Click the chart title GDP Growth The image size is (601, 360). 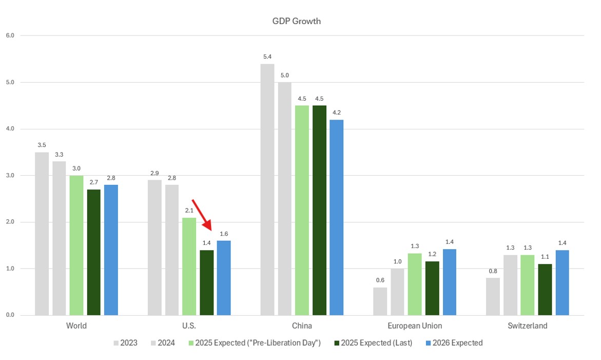(x=296, y=21)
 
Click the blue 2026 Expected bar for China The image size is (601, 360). (x=336, y=217)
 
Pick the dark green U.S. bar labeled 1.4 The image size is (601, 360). (x=207, y=282)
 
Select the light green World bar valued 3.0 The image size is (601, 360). (x=76, y=245)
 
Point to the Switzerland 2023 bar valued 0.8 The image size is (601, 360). (x=493, y=296)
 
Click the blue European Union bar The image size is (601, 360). (x=449, y=282)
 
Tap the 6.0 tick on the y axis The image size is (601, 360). (x=10, y=35)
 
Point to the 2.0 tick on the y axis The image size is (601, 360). (x=10, y=222)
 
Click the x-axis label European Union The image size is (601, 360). (x=415, y=326)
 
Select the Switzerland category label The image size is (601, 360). (x=527, y=326)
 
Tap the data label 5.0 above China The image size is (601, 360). (x=284, y=75)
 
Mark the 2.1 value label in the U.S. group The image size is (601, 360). (x=189, y=211)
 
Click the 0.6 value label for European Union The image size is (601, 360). (x=380, y=280)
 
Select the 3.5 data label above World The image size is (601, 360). (x=42, y=145)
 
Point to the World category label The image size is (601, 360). (x=76, y=326)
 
